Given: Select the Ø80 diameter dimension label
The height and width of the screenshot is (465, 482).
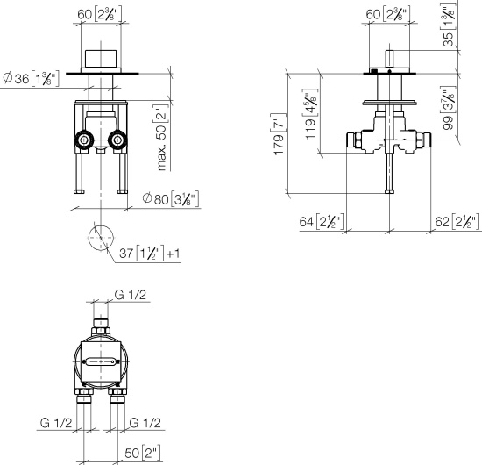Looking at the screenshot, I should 170,198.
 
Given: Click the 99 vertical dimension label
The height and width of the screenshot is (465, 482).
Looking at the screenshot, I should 449,109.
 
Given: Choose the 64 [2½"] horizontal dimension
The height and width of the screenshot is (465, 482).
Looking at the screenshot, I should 323,222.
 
